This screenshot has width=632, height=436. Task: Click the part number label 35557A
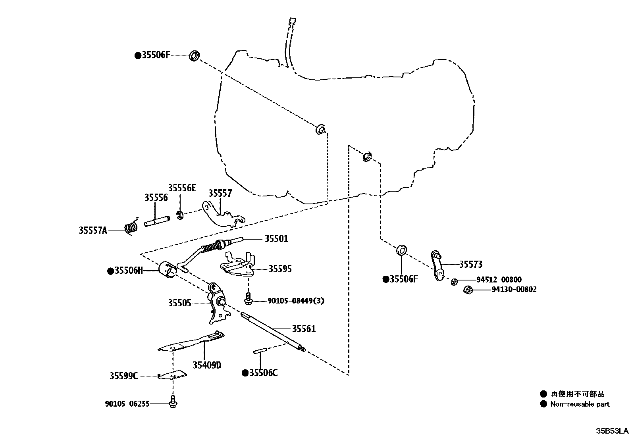point(93,230)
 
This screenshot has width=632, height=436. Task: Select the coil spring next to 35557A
point(131,228)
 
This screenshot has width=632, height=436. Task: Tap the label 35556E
point(182,188)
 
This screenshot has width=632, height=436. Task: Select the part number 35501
point(276,239)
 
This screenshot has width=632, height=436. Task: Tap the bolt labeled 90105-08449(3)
point(248,300)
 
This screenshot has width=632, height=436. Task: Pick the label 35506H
point(128,271)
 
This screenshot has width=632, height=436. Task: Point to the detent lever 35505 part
point(217,303)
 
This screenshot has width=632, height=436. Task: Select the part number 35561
point(304,328)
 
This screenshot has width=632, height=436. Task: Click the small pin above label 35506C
point(260,351)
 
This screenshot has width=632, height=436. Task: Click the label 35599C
point(124,376)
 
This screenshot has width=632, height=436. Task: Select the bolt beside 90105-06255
point(173,402)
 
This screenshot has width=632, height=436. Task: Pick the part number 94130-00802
point(514,290)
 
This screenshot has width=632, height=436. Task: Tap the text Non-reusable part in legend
point(580,404)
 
